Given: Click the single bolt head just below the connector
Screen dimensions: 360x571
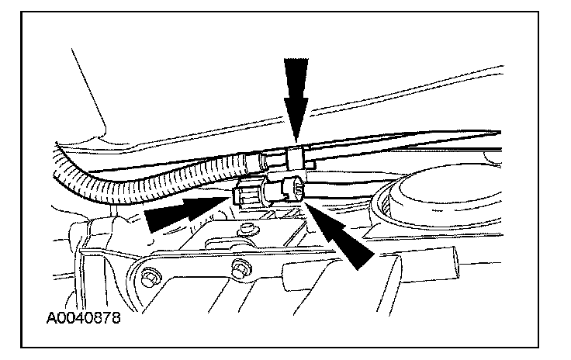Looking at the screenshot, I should (248, 229).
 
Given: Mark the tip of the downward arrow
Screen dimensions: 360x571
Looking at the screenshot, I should (295, 141).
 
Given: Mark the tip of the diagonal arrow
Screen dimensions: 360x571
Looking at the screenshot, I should (308, 204).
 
